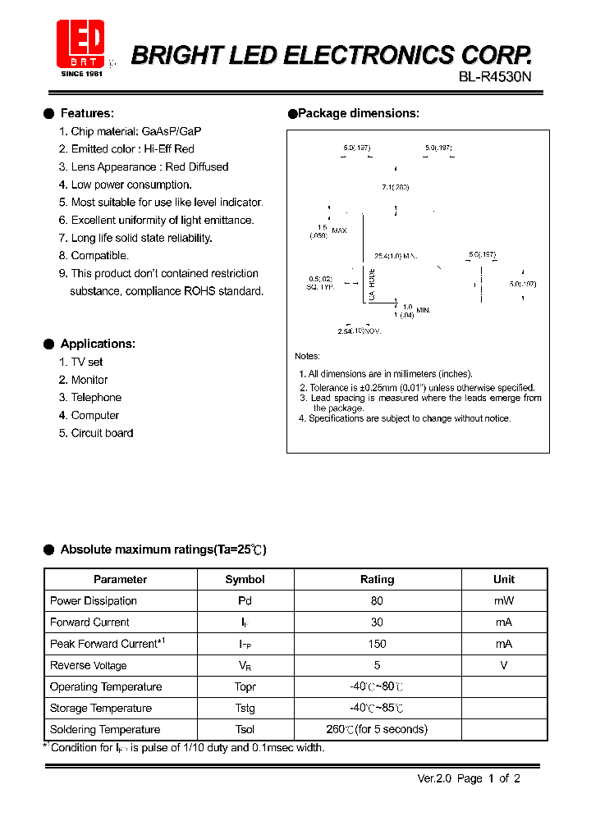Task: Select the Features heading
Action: pos(87,114)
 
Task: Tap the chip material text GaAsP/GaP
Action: pos(172,131)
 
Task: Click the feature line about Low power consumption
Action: pos(131,185)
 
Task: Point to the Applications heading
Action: pos(98,344)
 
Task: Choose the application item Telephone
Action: pos(96,398)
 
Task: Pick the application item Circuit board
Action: pos(102,433)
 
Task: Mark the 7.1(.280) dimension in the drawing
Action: pos(395,188)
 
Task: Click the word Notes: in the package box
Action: pos(308,356)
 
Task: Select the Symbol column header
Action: pos(245,579)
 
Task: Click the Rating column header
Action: pos(377,579)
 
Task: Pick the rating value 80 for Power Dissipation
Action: pos(377,601)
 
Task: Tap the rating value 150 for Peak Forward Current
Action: pos(377,644)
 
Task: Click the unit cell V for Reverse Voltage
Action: pos(503,665)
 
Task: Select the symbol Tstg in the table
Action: pos(245,709)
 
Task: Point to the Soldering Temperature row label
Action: pos(105,730)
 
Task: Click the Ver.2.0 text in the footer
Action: pos(433,779)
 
